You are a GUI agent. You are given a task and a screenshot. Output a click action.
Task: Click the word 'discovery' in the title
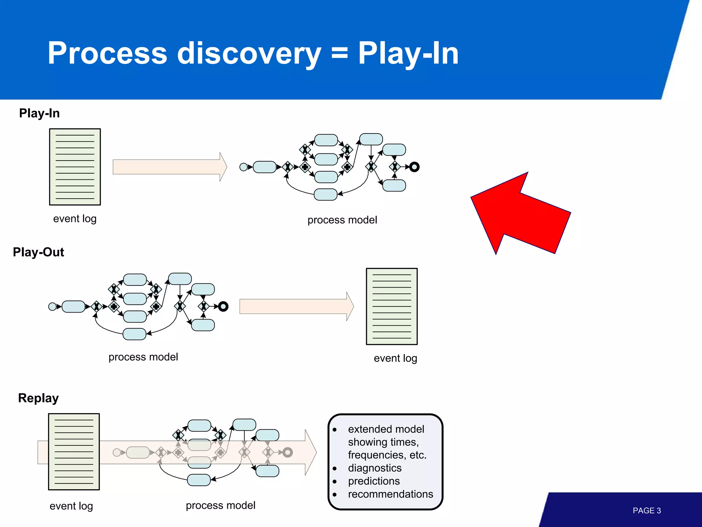[x=249, y=53]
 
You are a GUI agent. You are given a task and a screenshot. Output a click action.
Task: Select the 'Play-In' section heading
[x=39, y=113]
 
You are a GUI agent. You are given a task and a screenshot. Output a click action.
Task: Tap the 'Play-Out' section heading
[x=38, y=252]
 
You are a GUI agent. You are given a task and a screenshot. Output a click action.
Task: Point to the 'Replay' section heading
[x=38, y=398]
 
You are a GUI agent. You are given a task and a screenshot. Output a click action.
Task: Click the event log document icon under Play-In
[x=75, y=167]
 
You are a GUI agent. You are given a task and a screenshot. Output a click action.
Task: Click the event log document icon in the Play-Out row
[x=392, y=306]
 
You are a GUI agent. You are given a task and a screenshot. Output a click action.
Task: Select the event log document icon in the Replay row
[x=74, y=452]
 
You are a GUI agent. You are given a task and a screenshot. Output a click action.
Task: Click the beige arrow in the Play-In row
[x=170, y=167]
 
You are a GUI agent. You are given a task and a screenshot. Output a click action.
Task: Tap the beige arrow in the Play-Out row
[x=296, y=306]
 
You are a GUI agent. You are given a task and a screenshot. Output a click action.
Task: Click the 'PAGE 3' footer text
[x=646, y=511]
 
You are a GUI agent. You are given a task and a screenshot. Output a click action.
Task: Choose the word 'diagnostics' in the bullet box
[x=375, y=468]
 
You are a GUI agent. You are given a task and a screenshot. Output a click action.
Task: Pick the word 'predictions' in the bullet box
[x=374, y=481]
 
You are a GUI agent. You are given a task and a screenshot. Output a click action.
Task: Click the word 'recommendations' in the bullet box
[x=390, y=494]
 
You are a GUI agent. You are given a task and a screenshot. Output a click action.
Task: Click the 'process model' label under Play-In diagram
[x=342, y=220]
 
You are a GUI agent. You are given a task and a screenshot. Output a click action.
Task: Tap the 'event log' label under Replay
[x=71, y=506]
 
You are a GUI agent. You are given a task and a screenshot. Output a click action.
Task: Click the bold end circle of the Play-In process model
[x=414, y=167]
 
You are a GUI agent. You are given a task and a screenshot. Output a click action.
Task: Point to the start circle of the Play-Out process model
[x=52, y=306]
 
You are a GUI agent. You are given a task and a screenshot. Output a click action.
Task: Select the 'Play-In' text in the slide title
[x=408, y=53]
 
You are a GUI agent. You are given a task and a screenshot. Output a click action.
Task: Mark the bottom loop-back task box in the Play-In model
[x=326, y=195]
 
